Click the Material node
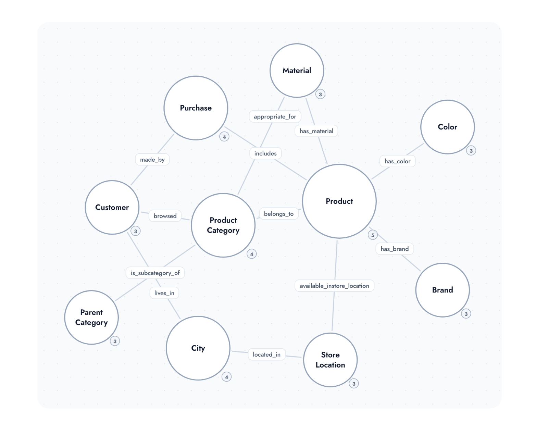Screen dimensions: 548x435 pyautogui.click(x=297, y=71)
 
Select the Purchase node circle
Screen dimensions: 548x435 pyautogui.click(x=196, y=108)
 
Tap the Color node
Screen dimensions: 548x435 pyautogui.click(x=447, y=127)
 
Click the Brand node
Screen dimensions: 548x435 pyautogui.click(x=442, y=290)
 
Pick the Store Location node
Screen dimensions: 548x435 pyautogui.click(x=330, y=360)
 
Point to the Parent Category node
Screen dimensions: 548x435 pyautogui.click(x=91, y=318)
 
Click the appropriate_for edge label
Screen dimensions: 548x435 pyautogui.click(x=275, y=117)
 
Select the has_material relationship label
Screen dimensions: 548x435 pyautogui.click(x=316, y=131)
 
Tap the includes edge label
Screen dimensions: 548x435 pyautogui.click(x=265, y=153)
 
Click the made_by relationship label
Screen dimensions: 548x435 pyautogui.click(x=152, y=160)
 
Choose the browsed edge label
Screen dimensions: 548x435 pyautogui.click(x=165, y=216)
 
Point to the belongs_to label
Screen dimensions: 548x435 pyautogui.click(x=279, y=214)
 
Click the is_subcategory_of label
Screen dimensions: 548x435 pyautogui.click(x=155, y=273)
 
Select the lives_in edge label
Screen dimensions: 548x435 pyautogui.click(x=164, y=293)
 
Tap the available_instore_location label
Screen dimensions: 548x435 pyautogui.click(x=334, y=286)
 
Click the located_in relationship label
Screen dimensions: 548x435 pyautogui.click(x=266, y=355)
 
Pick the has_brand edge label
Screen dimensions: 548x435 pyautogui.click(x=395, y=249)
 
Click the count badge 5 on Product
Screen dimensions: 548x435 pyautogui.click(x=373, y=235)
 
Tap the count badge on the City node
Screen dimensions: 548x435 pyautogui.click(x=226, y=377)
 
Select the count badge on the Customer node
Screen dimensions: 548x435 pyautogui.click(x=136, y=231)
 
